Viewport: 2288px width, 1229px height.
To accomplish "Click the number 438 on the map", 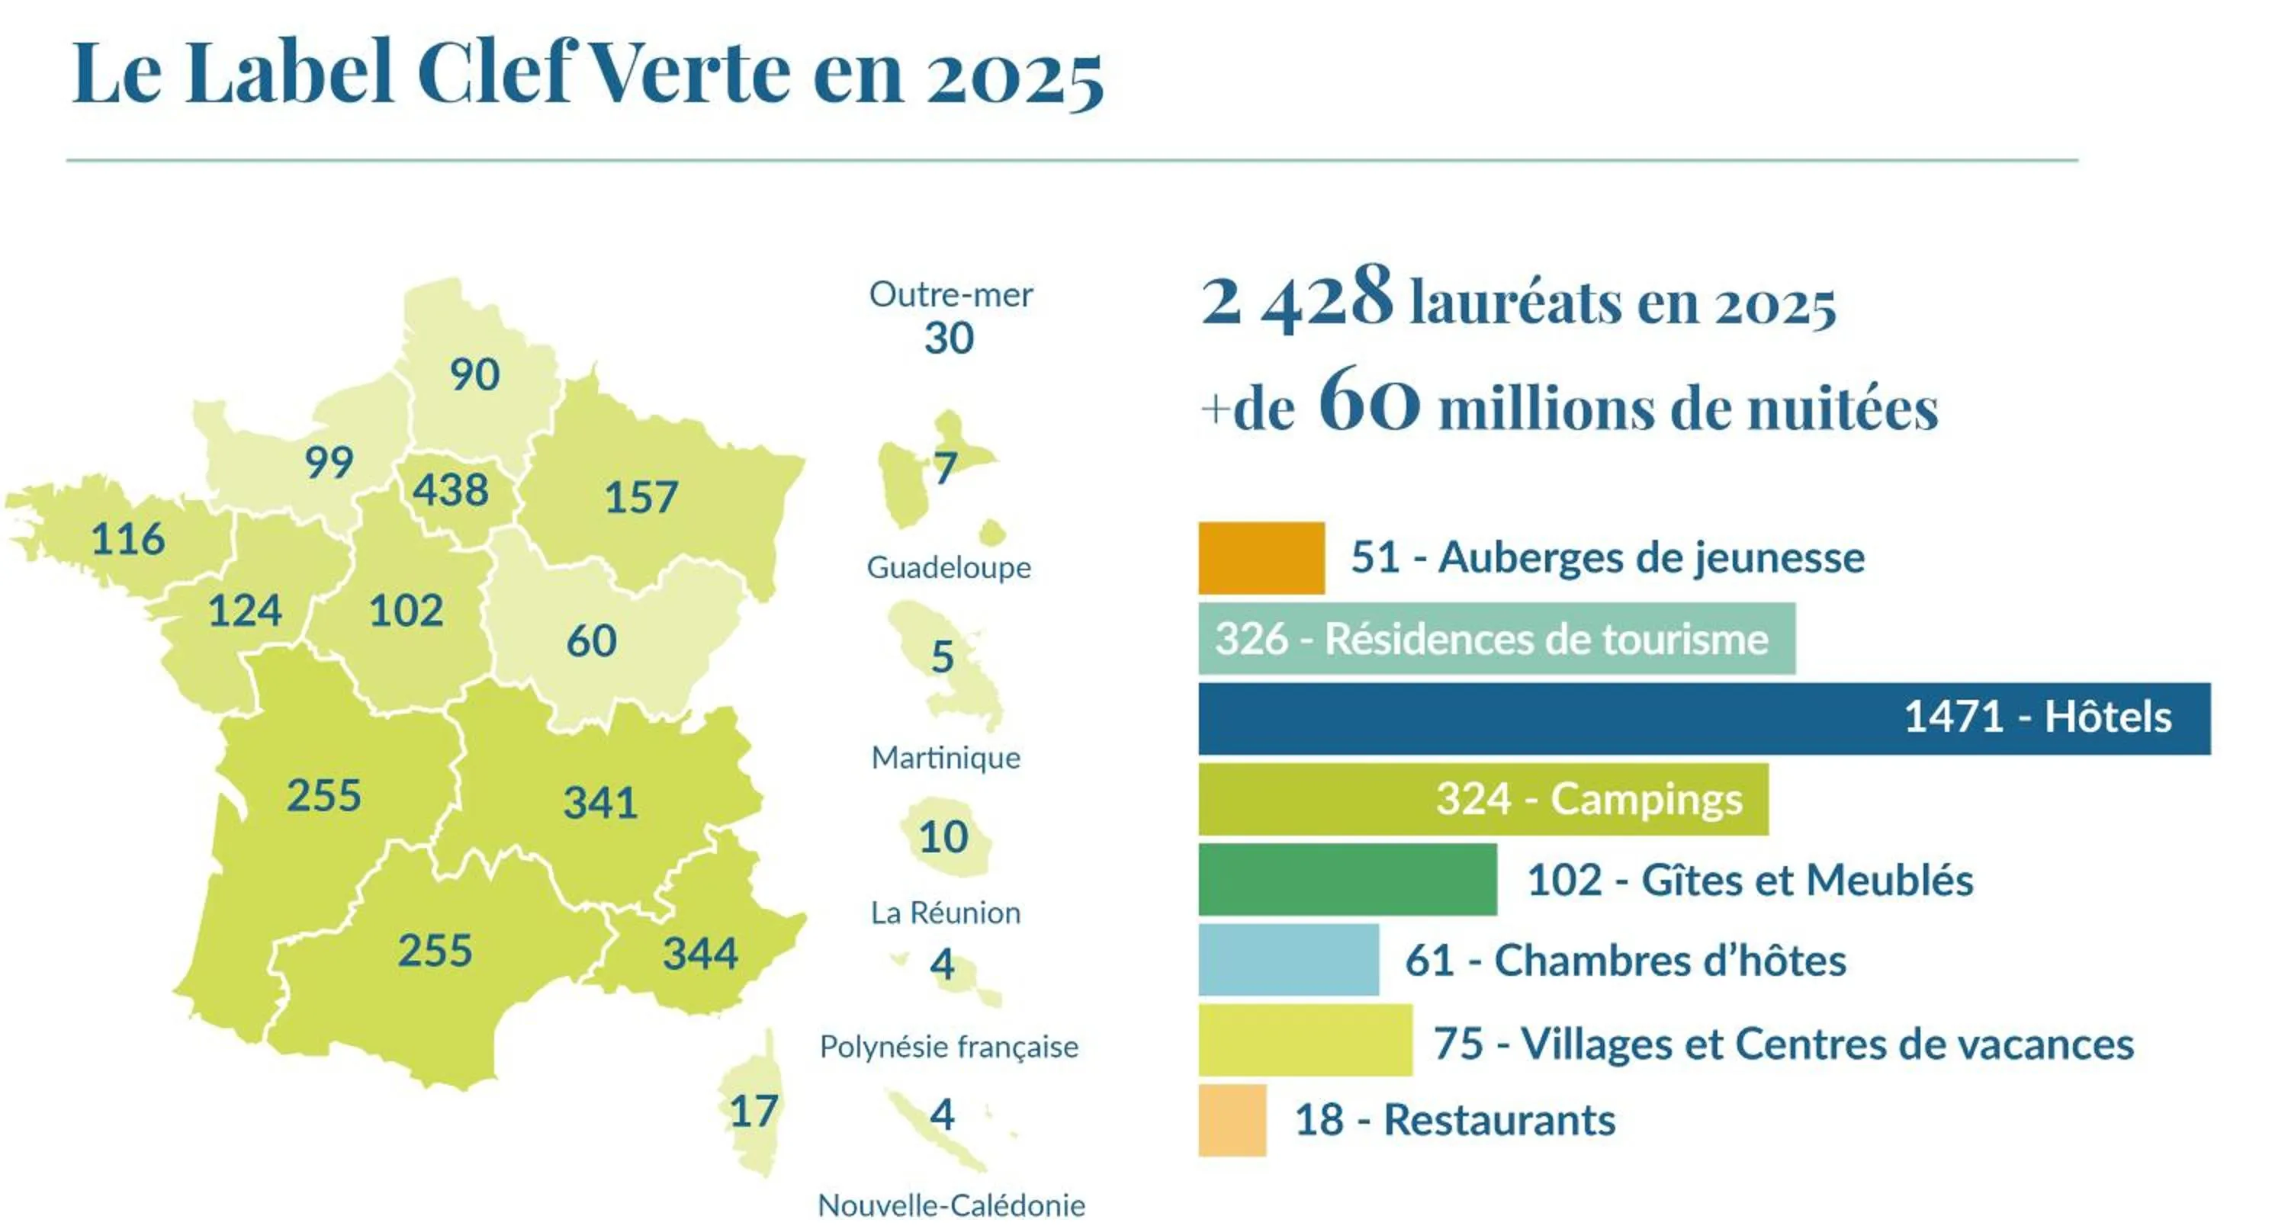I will pos(450,490).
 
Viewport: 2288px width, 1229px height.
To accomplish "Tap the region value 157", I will pos(641,497).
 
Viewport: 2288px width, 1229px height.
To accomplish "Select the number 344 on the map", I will pos(700,955).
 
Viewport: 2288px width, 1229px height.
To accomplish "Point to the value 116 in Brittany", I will pos(128,539).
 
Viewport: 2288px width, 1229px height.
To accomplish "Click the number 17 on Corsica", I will pos(754,1111).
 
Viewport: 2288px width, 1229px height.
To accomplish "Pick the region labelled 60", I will pos(592,641).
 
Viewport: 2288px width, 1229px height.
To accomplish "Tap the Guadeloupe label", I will pos(949,567).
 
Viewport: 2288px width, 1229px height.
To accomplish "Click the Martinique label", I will pos(946,758).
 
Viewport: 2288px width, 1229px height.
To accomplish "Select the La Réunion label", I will pos(946,913).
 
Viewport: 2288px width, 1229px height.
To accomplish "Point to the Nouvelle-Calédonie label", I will pos(951,1206).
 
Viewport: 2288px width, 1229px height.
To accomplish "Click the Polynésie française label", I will pos(949,1047).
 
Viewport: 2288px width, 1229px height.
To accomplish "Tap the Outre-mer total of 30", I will pos(949,339).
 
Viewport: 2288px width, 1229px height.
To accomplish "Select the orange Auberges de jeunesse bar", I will pos(1261,557).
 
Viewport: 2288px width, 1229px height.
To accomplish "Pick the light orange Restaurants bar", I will pos(1232,1120).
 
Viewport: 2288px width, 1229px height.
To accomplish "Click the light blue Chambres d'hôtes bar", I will pos(1288,960).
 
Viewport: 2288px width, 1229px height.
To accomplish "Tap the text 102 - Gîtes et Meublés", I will pos(1750,880).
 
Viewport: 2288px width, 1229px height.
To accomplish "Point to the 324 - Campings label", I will pos(1589,799).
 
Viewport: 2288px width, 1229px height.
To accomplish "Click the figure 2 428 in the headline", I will pos(1296,297).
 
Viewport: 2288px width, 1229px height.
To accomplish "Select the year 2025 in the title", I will pos(1015,75).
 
